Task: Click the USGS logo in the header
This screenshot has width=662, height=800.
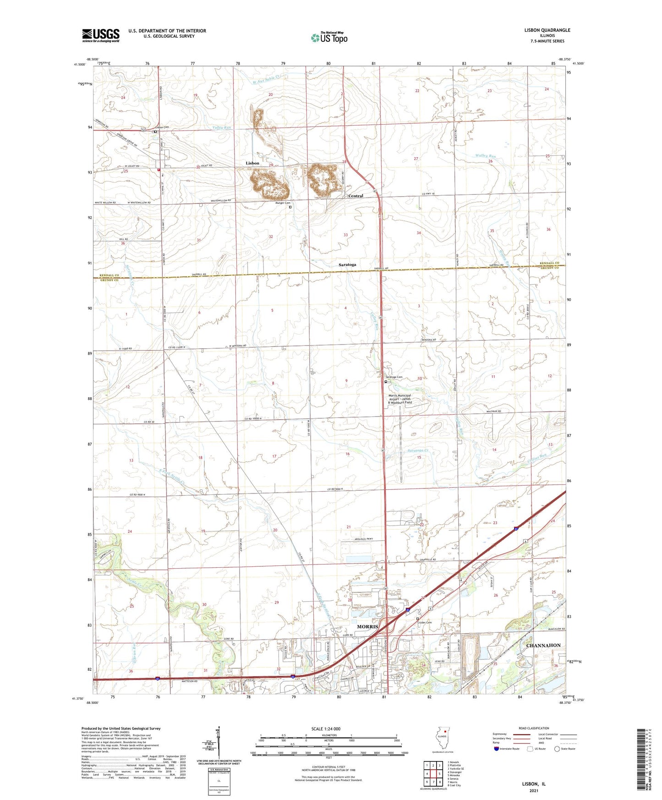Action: click(101, 35)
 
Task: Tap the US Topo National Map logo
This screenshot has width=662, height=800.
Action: click(328, 38)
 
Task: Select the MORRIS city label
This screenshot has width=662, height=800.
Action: click(368, 626)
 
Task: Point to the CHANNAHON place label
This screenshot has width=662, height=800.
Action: click(543, 645)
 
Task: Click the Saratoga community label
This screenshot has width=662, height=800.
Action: click(347, 265)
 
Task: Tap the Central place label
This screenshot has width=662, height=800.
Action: click(356, 196)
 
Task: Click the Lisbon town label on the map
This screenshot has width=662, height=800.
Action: click(252, 163)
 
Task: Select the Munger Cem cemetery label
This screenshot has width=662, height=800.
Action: click(282, 203)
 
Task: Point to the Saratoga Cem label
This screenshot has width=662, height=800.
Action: click(394, 378)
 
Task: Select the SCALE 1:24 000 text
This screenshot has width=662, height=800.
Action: click(326, 729)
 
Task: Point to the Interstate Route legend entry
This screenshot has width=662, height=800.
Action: click(506, 749)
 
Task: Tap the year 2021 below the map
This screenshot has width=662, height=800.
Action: click(534, 791)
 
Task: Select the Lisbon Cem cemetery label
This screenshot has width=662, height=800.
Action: click(162, 127)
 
